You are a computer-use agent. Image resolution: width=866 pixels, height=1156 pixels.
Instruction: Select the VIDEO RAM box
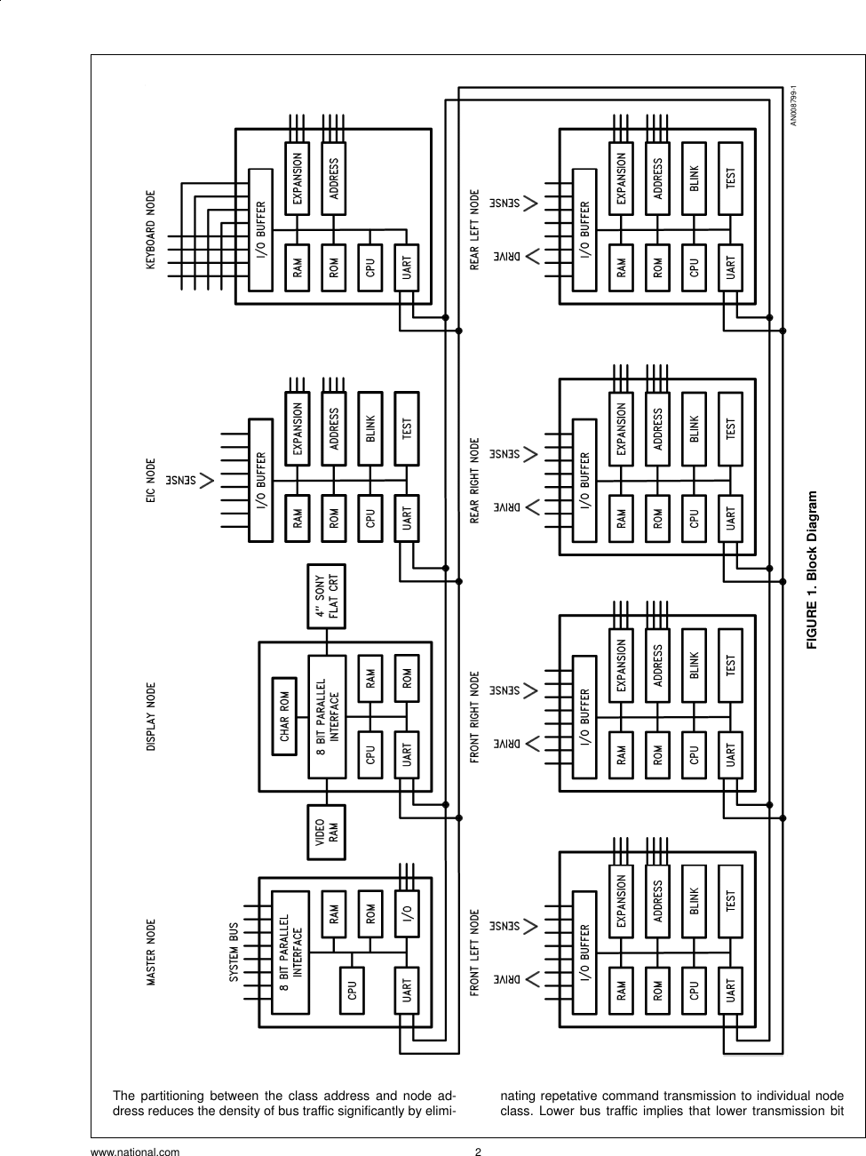click(x=327, y=833)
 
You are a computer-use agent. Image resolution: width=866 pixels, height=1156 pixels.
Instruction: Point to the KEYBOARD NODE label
click(x=150, y=229)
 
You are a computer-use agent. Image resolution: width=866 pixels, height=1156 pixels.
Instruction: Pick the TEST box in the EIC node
click(x=406, y=431)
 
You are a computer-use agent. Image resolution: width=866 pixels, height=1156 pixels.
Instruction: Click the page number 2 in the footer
click(x=478, y=1152)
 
